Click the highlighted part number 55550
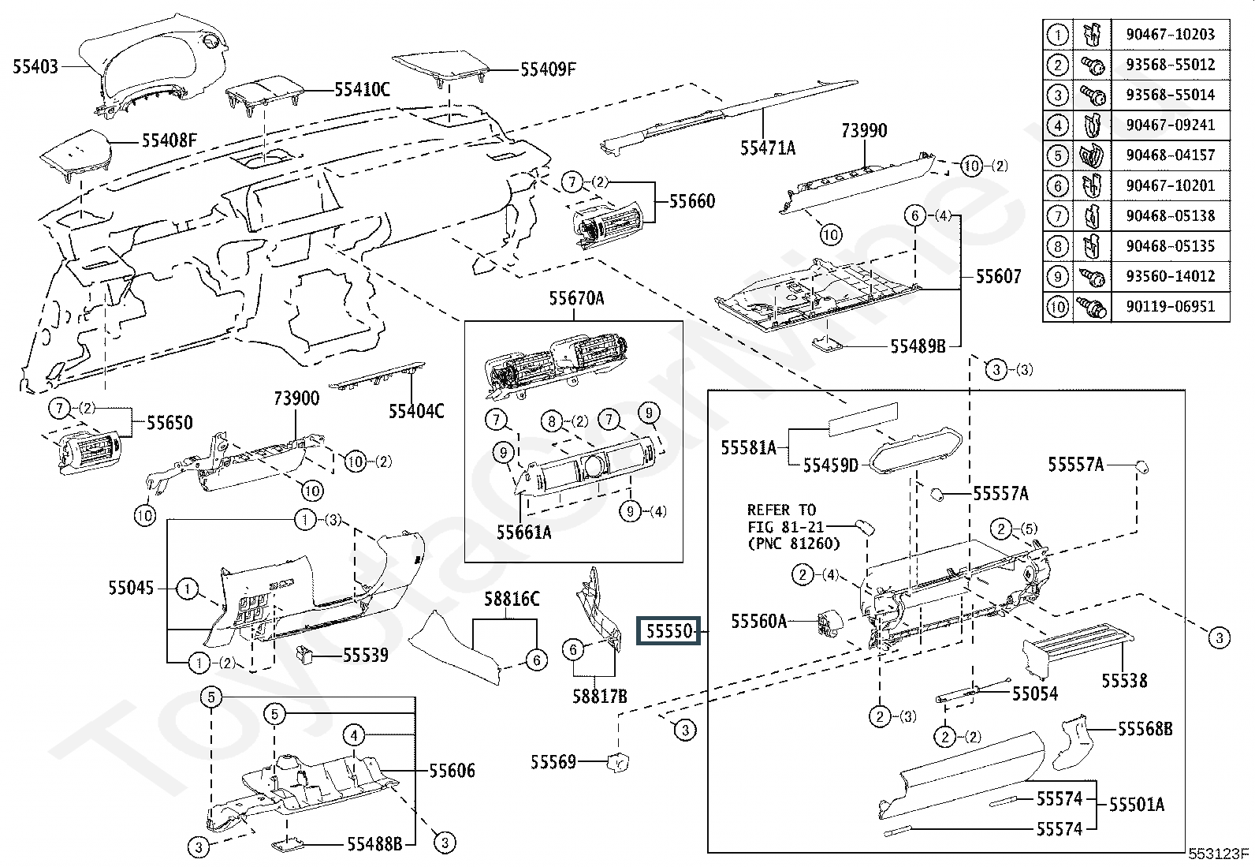[x=669, y=631]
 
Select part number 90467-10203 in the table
[x=1171, y=34]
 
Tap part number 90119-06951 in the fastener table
[x=1171, y=307]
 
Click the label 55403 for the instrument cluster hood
[x=35, y=67]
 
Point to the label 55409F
[x=548, y=69]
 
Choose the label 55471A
[x=768, y=148]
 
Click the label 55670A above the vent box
[x=576, y=298]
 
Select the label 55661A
[x=524, y=533]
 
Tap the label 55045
[x=131, y=588]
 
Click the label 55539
[x=365, y=655]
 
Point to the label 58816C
[x=512, y=600]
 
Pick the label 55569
[x=553, y=762]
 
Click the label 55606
[x=452, y=771]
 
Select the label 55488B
[x=374, y=843]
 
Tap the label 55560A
[x=758, y=622]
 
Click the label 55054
[x=1035, y=694]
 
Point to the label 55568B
[x=1145, y=729]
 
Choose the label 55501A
[x=1137, y=805]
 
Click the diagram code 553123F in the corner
[x=1219, y=854]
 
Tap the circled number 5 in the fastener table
[x=1058, y=155]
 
